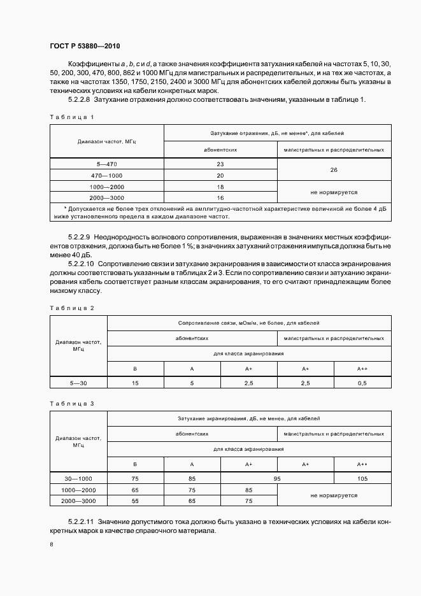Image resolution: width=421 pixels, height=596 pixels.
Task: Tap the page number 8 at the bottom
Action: [51, 545]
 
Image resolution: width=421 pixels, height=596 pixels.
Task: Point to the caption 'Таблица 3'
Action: [71, 404]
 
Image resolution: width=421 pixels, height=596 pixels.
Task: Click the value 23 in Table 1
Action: [220, 164]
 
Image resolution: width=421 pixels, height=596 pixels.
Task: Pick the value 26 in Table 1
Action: [334, 170]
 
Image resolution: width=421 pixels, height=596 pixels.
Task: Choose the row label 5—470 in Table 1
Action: [107, 164]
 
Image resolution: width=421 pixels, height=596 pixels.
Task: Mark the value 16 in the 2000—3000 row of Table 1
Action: [220, 197]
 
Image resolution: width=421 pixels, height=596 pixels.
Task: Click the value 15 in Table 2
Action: [135, 382]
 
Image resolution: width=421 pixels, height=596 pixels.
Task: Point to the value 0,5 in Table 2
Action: [362, 382]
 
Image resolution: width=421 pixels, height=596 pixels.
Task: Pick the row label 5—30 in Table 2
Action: [79, 382]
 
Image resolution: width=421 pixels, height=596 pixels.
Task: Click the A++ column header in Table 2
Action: [362, 368]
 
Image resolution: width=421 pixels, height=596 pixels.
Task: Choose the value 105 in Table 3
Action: [362, 479]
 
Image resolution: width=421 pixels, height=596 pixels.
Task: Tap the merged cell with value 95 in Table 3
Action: [277, 479]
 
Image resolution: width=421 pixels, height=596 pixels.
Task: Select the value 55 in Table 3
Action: [135, 501]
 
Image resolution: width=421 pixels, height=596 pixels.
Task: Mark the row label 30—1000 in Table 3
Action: [79, 479]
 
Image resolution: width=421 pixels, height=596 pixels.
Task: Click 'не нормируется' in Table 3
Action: [334, 495]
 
